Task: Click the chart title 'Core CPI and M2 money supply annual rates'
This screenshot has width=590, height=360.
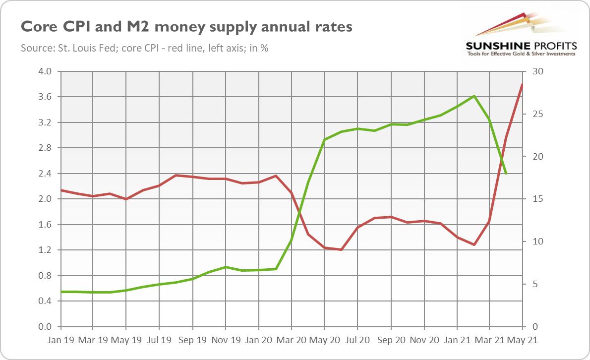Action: click(x=186, y=27)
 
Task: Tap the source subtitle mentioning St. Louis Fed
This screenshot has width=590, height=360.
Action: click(x=144, y=49)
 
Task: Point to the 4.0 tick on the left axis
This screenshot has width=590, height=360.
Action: click(x=45, y=71)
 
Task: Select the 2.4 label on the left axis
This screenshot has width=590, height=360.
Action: click(x=45, y=174)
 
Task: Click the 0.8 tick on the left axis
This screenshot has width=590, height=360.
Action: click(x=45, y=276)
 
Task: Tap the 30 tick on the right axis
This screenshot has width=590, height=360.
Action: click(x=538, y=71)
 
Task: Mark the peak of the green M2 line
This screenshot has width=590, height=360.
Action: click(x=474, y=96)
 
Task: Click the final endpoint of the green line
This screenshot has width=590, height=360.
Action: click(x=506, y=174)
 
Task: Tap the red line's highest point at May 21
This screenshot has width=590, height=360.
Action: click(x=523, y=84)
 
